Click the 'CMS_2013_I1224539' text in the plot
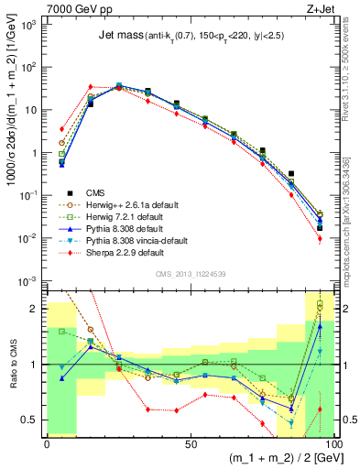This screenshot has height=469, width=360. pos(190,272)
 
